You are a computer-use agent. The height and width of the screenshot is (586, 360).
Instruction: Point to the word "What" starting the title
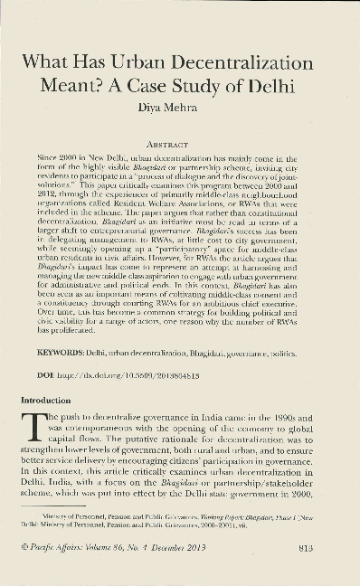52,64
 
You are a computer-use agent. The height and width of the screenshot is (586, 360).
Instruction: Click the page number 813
305,544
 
